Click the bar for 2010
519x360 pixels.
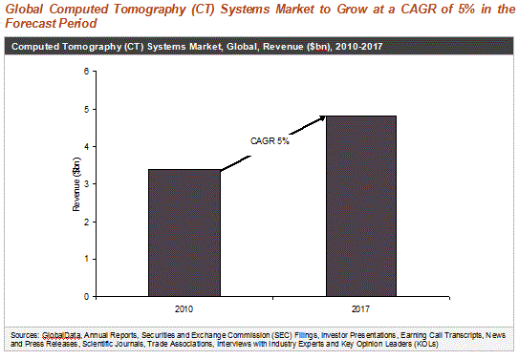coord(184,233)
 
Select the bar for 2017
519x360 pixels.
coord(361,206)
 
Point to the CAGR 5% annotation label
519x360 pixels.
coord(270,141)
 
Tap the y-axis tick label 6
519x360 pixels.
coord(87,71)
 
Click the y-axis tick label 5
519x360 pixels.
coord(87,109)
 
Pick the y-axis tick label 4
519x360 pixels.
coord(87,146)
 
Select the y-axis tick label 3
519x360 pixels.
coord(87,184)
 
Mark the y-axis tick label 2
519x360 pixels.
coord(87,222)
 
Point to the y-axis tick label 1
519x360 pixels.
coord(87,259)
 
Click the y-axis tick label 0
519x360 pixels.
coord(87,297)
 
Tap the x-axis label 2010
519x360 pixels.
coord(184,309)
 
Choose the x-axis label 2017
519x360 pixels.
coord(360,309)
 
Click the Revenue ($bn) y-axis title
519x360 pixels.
coord(76,184)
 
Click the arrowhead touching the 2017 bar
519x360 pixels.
coord(323,118)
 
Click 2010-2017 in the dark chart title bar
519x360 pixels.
coord(358,46)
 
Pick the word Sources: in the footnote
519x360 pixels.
coord(25,335)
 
